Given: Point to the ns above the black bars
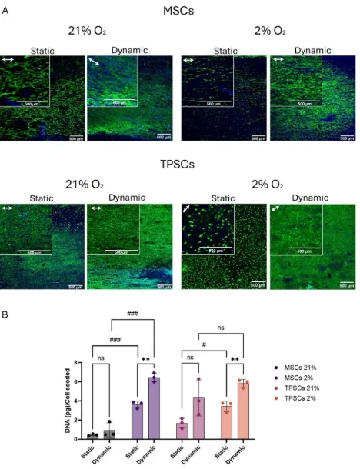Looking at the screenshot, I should point(100,356).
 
